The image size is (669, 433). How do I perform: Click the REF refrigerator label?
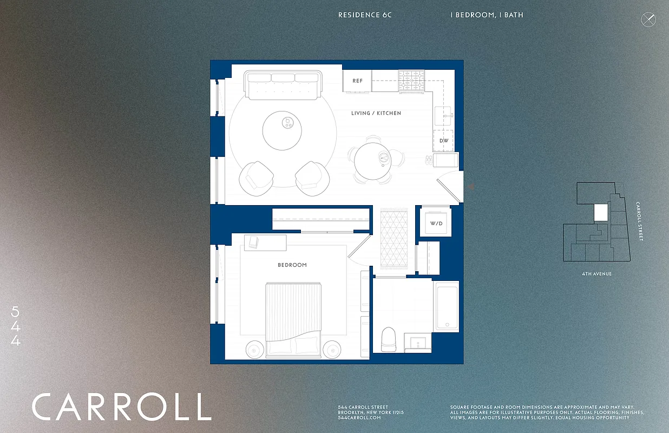[x=357, y=81]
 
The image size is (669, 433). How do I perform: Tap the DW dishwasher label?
[x=444, y=141]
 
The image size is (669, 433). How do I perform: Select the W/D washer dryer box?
[x=436, y=222]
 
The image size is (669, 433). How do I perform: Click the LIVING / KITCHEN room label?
[x=376, y=113]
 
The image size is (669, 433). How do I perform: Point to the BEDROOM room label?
[x=292, y=265]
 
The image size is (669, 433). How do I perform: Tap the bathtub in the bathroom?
[x=447, y=306]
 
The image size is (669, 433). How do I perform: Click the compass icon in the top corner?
[x=648, y=19]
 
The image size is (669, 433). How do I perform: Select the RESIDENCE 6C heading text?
[x=365, y=15]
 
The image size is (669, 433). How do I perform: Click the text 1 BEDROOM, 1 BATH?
[x=487, y=15]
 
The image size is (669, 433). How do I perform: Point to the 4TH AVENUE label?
[x=594, y=274]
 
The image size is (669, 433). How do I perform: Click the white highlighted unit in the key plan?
[x=600, y=212]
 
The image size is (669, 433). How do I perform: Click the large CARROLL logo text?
[x=121, y=407]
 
